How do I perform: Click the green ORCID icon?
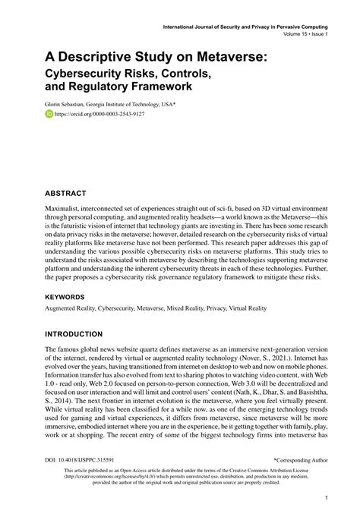point(49,115)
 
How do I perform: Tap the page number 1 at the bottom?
point(325,498)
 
